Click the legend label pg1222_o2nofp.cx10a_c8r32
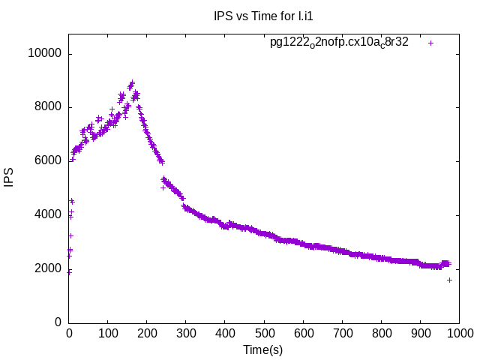click(x=339, y=43)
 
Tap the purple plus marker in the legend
click(x=430, y=43)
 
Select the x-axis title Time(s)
click(x=262, y=349)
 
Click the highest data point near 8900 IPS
click(x=132, y=82)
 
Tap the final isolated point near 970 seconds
click(x=449, y=280)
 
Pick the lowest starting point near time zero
click(x=69, y=272)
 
